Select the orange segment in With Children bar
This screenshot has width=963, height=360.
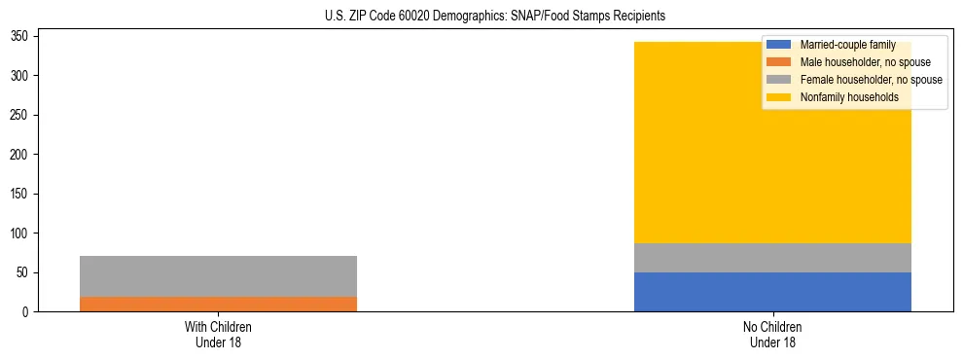(218, 304)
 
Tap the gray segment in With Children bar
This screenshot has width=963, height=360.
(218, 276)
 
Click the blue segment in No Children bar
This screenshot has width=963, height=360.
(772, 292)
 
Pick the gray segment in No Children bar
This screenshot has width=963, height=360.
(772, 258)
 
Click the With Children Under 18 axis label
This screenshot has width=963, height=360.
(218, 335)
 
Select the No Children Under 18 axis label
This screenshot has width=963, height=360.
(772, 335)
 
